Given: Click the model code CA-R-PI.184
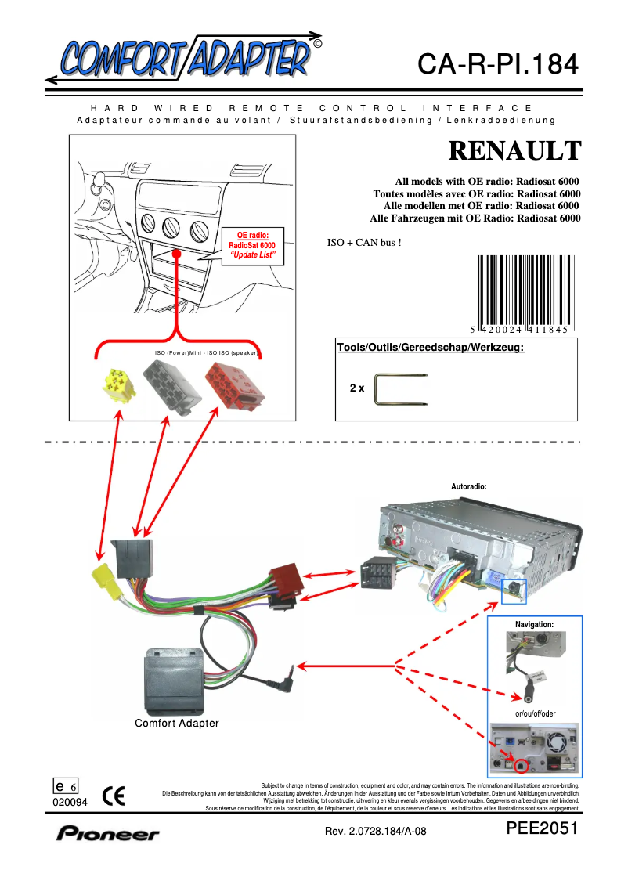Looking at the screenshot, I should click(x=497, y=63).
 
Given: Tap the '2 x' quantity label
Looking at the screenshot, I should click(x=357, y=388).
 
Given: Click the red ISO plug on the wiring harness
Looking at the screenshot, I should click(x=284, y=584).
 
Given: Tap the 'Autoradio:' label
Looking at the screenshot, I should click(x=469, y=486).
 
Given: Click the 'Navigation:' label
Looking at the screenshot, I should click(x=534, y=624).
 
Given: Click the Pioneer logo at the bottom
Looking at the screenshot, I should click(x=107, y=834).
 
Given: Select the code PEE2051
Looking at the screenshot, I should click(x=542, y=829).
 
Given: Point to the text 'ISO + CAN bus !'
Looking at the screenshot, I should click(x=364, y=243).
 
